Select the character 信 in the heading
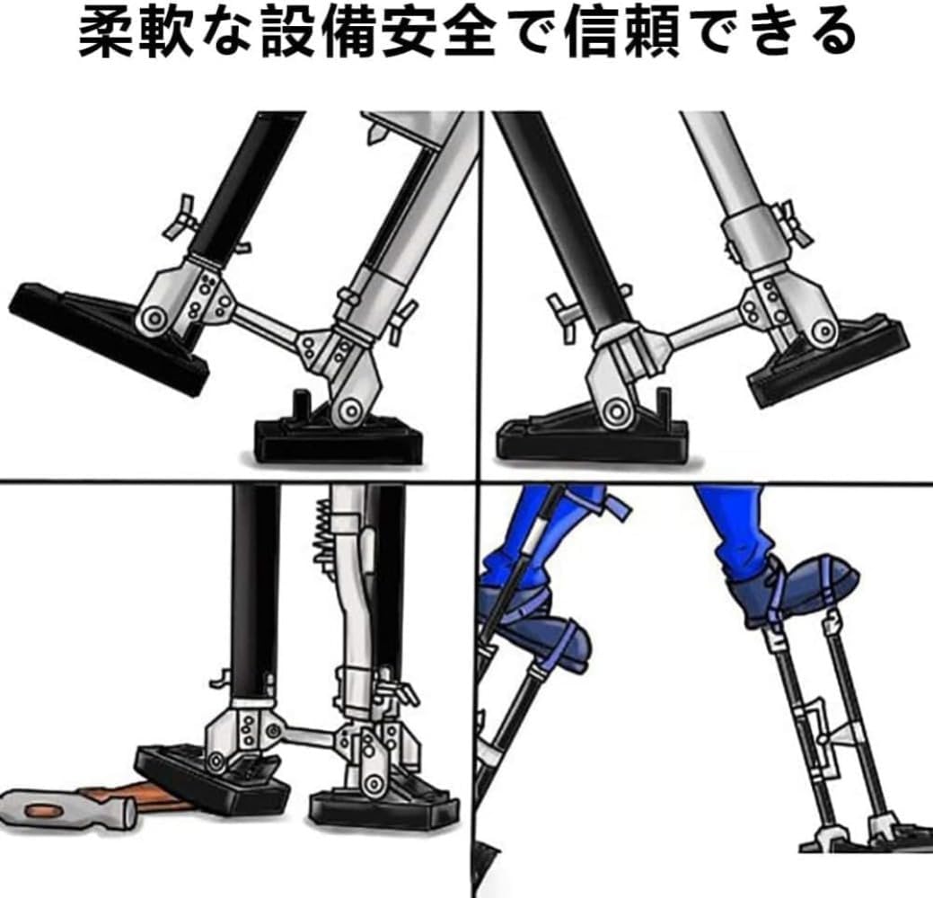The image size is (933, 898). click(588, 34)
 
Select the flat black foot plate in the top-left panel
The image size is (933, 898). click(337, 440)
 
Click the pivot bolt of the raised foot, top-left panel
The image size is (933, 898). click(154, 318)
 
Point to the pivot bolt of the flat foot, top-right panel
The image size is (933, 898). click(616, 411)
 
